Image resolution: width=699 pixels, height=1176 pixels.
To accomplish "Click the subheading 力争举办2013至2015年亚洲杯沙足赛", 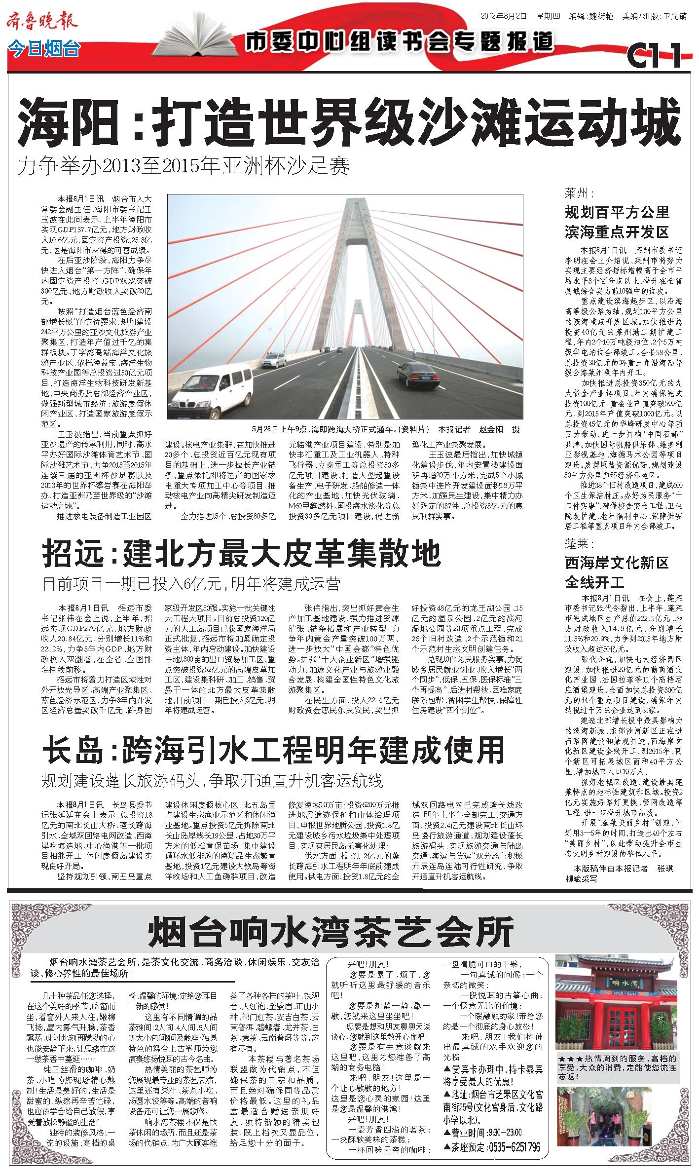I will click(184, 166).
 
